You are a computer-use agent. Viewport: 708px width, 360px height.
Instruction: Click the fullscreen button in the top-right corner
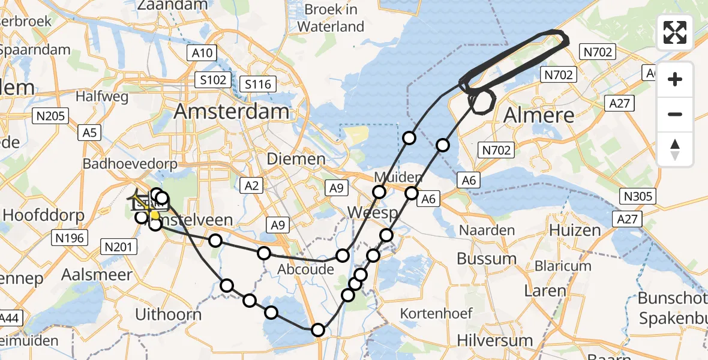[675, 32]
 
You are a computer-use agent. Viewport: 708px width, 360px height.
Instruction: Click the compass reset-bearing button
[675, 149]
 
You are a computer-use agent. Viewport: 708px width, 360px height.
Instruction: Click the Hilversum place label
[495, 340]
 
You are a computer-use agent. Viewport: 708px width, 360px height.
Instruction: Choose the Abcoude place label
[305, 270]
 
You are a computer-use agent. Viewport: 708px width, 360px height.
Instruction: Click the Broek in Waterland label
[331, 18]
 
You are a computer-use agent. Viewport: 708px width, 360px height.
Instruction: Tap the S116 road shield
[259, 84]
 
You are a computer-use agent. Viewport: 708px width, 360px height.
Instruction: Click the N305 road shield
[638, 196]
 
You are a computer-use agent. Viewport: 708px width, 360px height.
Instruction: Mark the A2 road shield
[252, 186]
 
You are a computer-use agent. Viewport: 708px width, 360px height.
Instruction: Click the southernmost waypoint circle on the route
[318, 330]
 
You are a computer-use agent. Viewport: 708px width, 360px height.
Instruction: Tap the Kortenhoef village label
[436, 313]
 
